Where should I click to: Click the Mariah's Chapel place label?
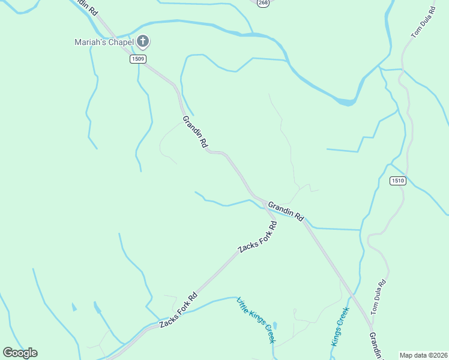tap(103, 42)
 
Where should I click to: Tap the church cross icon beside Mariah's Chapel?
tap(143, 41)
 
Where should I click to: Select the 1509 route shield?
tap(137, 59)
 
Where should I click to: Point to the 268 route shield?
tap(263, 3)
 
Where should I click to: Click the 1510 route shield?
tap(397, 181)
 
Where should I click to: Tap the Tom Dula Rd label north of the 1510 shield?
tap(423, 23)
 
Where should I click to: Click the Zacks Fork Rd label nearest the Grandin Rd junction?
tap(258, 237)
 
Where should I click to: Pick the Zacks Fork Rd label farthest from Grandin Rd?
tap(178, 310)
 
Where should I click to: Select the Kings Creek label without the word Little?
tap(340, 326)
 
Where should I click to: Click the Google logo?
tap(20, 353)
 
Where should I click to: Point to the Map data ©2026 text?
tap(423, 355)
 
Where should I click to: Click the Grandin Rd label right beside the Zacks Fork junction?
tap(286, 211)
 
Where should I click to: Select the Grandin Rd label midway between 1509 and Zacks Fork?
tap(195, 132)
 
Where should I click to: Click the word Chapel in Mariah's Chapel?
tap(120, 42)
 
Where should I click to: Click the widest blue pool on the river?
tap(345, 101)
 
